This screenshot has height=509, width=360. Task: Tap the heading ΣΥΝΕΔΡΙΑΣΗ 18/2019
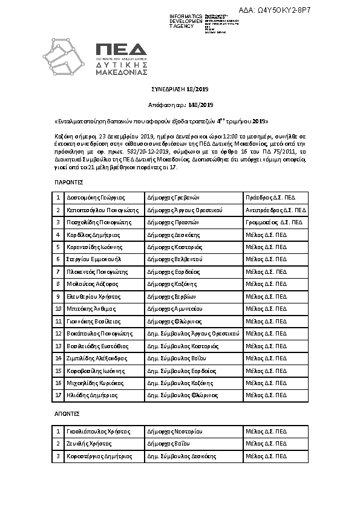(x=180, y=89)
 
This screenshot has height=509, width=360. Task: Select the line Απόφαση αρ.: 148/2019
(x=180, y=105)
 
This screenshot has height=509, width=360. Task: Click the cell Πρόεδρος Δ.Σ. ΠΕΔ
(x=270, y=198)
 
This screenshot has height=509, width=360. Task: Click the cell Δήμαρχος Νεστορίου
(x=173, y=432)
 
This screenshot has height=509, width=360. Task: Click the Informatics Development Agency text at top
(x=186, y=21)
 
